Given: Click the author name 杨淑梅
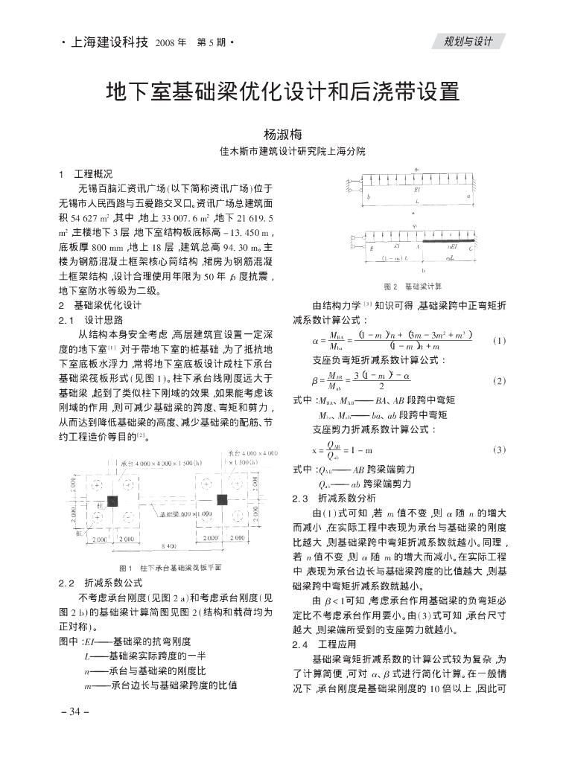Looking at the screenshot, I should point(282,135).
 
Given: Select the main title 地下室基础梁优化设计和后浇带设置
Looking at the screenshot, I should point(282,92).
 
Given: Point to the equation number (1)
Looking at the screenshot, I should point(499,342).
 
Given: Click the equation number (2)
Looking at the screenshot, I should point(499,380).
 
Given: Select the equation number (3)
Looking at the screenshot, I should point(499,449).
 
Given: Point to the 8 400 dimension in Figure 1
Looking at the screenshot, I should point(168,546).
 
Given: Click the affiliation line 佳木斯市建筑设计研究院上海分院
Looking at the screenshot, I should point(282,151).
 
